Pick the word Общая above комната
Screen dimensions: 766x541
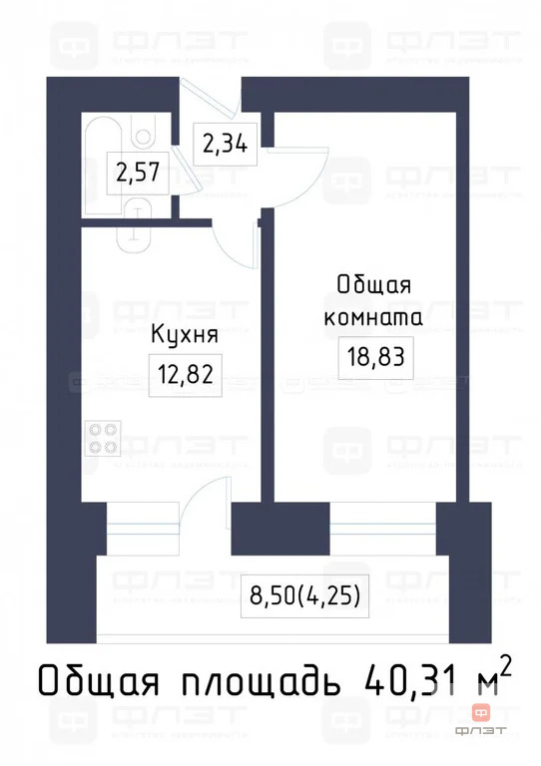[x=372, y=285]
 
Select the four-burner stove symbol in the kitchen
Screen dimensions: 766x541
[x=103, y=438]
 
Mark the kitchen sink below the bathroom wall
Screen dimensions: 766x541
[x=133, y=235]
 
